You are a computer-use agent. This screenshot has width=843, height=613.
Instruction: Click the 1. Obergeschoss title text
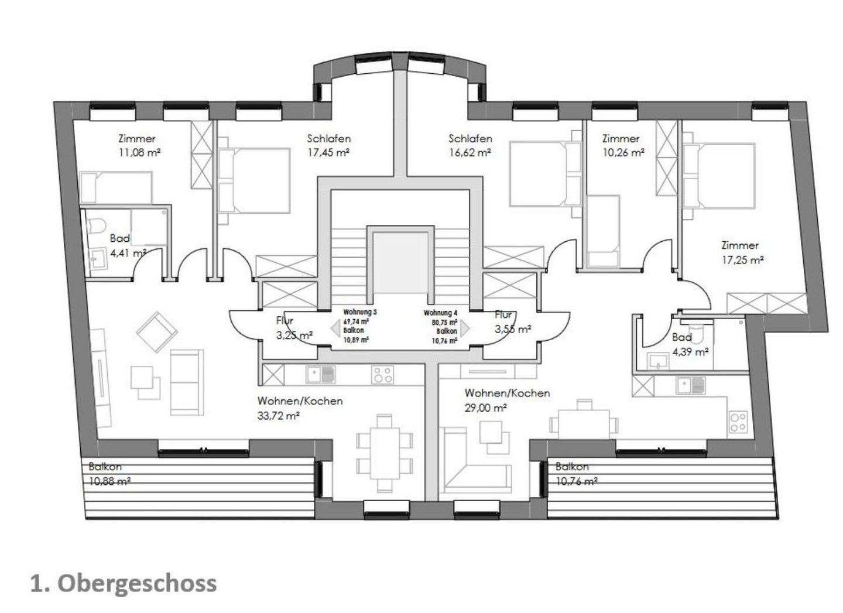(124, 583)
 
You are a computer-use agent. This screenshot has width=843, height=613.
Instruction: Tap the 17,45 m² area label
(328, 153)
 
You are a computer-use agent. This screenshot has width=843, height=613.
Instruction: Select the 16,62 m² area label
(470, 153)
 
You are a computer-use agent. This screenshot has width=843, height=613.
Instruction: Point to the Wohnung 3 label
(359, 312)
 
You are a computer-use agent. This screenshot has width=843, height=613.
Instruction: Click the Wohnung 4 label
(440, 313)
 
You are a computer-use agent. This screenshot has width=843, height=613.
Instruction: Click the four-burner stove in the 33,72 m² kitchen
(383, 375)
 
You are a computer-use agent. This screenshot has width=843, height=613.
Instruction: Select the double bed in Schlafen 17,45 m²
(255, 180)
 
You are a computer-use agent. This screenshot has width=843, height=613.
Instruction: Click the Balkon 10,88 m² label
(109, 474)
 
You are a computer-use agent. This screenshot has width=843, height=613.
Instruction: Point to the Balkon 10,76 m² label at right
(575, 474)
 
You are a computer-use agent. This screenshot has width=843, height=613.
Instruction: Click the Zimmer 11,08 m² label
(138, 146)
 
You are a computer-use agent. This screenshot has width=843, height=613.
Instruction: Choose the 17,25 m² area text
(742, 260)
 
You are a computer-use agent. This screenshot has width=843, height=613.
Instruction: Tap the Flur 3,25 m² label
(293, 328)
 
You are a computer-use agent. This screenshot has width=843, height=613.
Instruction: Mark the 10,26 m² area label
(623, 152)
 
